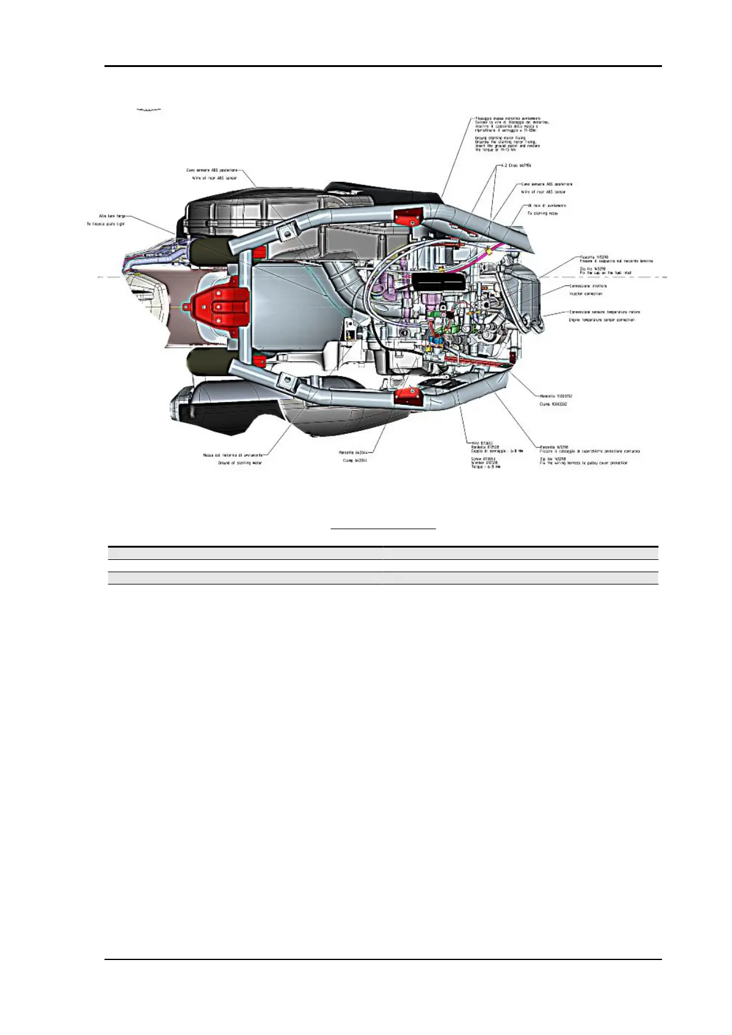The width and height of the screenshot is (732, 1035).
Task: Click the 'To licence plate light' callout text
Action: click(x=106, y=224)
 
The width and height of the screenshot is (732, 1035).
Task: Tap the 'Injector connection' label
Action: click(x=585, y=294)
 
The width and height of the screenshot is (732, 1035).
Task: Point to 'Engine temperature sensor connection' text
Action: click(x=602, y=320)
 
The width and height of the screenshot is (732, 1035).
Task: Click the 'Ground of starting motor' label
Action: click(x=240, y=463)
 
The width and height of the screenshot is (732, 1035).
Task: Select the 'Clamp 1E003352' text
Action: click(x=553, y=404)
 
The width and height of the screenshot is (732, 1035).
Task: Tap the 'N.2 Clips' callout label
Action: click(x=516, y=165)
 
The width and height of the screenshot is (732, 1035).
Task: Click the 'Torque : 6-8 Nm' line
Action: click(x=486, y=466)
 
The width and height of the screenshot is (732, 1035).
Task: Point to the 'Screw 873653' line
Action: click(x=483, y=458)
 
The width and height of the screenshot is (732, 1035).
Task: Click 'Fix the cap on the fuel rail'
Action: click(x=605, y=273)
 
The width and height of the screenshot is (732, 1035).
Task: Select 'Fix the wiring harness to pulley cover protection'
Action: click(x=583, y=463)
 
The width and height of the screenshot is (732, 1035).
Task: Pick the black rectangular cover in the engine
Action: click(x=437, y=283)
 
